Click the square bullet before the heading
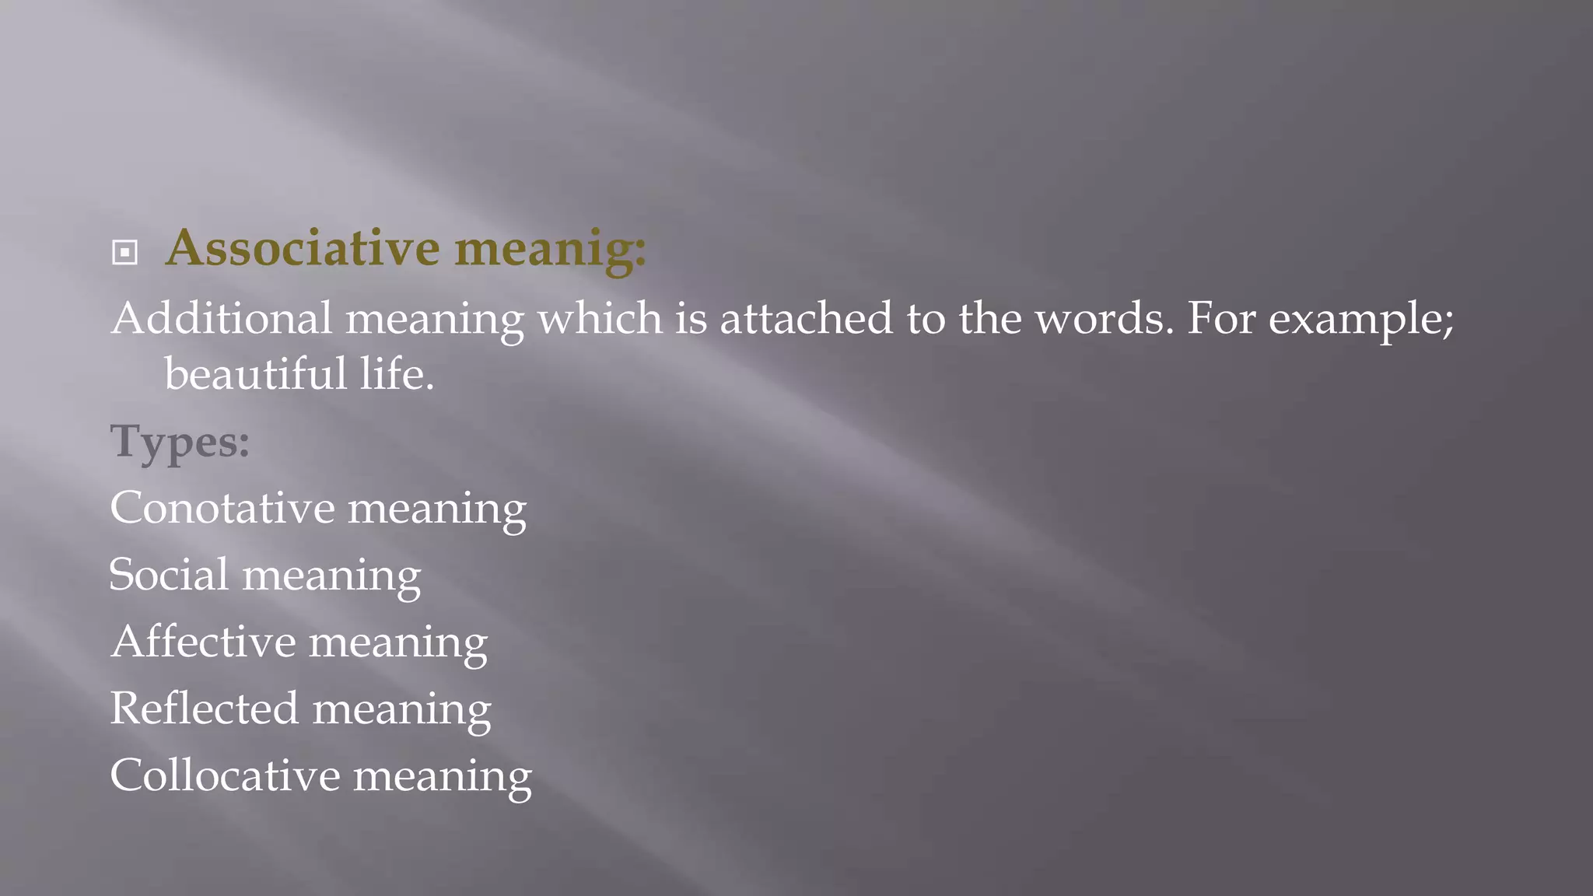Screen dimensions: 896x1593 click(x=124, y=253)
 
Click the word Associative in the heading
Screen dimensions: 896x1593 click(x=303, y=248)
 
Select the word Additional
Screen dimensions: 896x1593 click(x=222, y=319)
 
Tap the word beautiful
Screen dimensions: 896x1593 click(x=255, y=374)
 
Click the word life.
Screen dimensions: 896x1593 click(x=396, y=374)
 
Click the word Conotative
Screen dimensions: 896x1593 click(x=222, y=508)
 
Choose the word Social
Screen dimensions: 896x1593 click(x=169, y=575)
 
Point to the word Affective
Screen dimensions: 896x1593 click(x=203, y=642)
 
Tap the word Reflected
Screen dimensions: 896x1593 click(x=204, y=709)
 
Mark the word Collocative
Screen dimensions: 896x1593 click(x=225, y=775)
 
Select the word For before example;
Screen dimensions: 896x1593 click(x=1220, y=319)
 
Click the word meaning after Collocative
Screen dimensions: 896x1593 click(x=442, y=779)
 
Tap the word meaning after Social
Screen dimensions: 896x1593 click(x=331, y=578)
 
